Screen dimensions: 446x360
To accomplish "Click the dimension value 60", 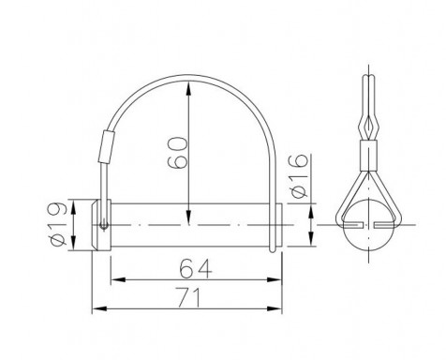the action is pyautogui.click(x=178, y=153).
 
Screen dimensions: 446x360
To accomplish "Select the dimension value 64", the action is pyautogui.click(x=196, y=268).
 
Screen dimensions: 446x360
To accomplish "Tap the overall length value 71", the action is pyautogui.click(x=189, y=297).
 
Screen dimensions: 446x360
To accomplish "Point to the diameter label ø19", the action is pyautogui.click(x=58, y=224).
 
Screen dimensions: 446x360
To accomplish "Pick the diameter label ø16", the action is pyautogui.click(x=299, y=176).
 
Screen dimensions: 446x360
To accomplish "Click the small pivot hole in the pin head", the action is pyautogui.click(x=104, y=225).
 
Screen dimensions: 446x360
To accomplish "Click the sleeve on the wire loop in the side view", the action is pyautogui.click(x=106, y=147).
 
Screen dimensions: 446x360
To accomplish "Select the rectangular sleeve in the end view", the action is pyautogui.click(x=369, y=156).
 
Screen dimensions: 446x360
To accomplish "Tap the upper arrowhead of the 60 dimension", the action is pyautogui.click(x=188, y=88).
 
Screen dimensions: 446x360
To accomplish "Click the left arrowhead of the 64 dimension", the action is pyautogui.click(x=118, y=279).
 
